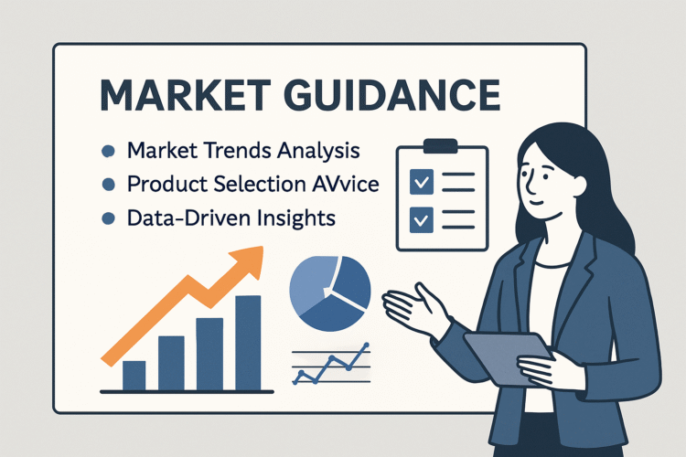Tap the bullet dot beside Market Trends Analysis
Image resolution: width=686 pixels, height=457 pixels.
point(109,149)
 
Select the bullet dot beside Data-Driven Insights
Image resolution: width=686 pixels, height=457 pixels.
point(109,219)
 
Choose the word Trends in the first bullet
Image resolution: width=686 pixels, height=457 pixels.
point(226,149)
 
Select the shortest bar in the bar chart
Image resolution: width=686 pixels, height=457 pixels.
point(134,374)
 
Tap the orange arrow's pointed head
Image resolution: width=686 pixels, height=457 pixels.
point(253,260)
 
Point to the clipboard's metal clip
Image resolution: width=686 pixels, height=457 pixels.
point(440,145)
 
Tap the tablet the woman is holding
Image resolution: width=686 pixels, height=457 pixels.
point(508,356)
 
